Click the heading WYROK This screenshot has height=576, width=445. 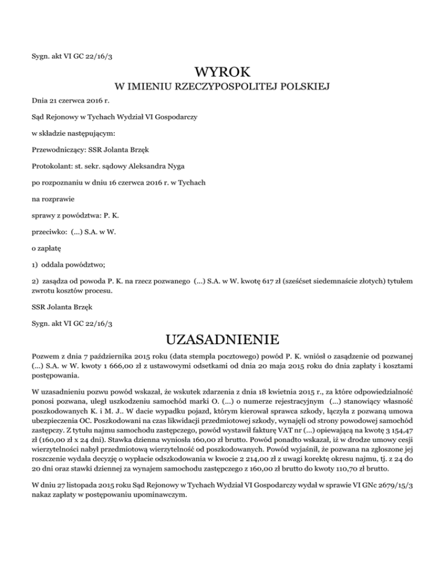[x=222, y=72]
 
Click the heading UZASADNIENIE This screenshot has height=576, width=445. [x=222, y=338]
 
